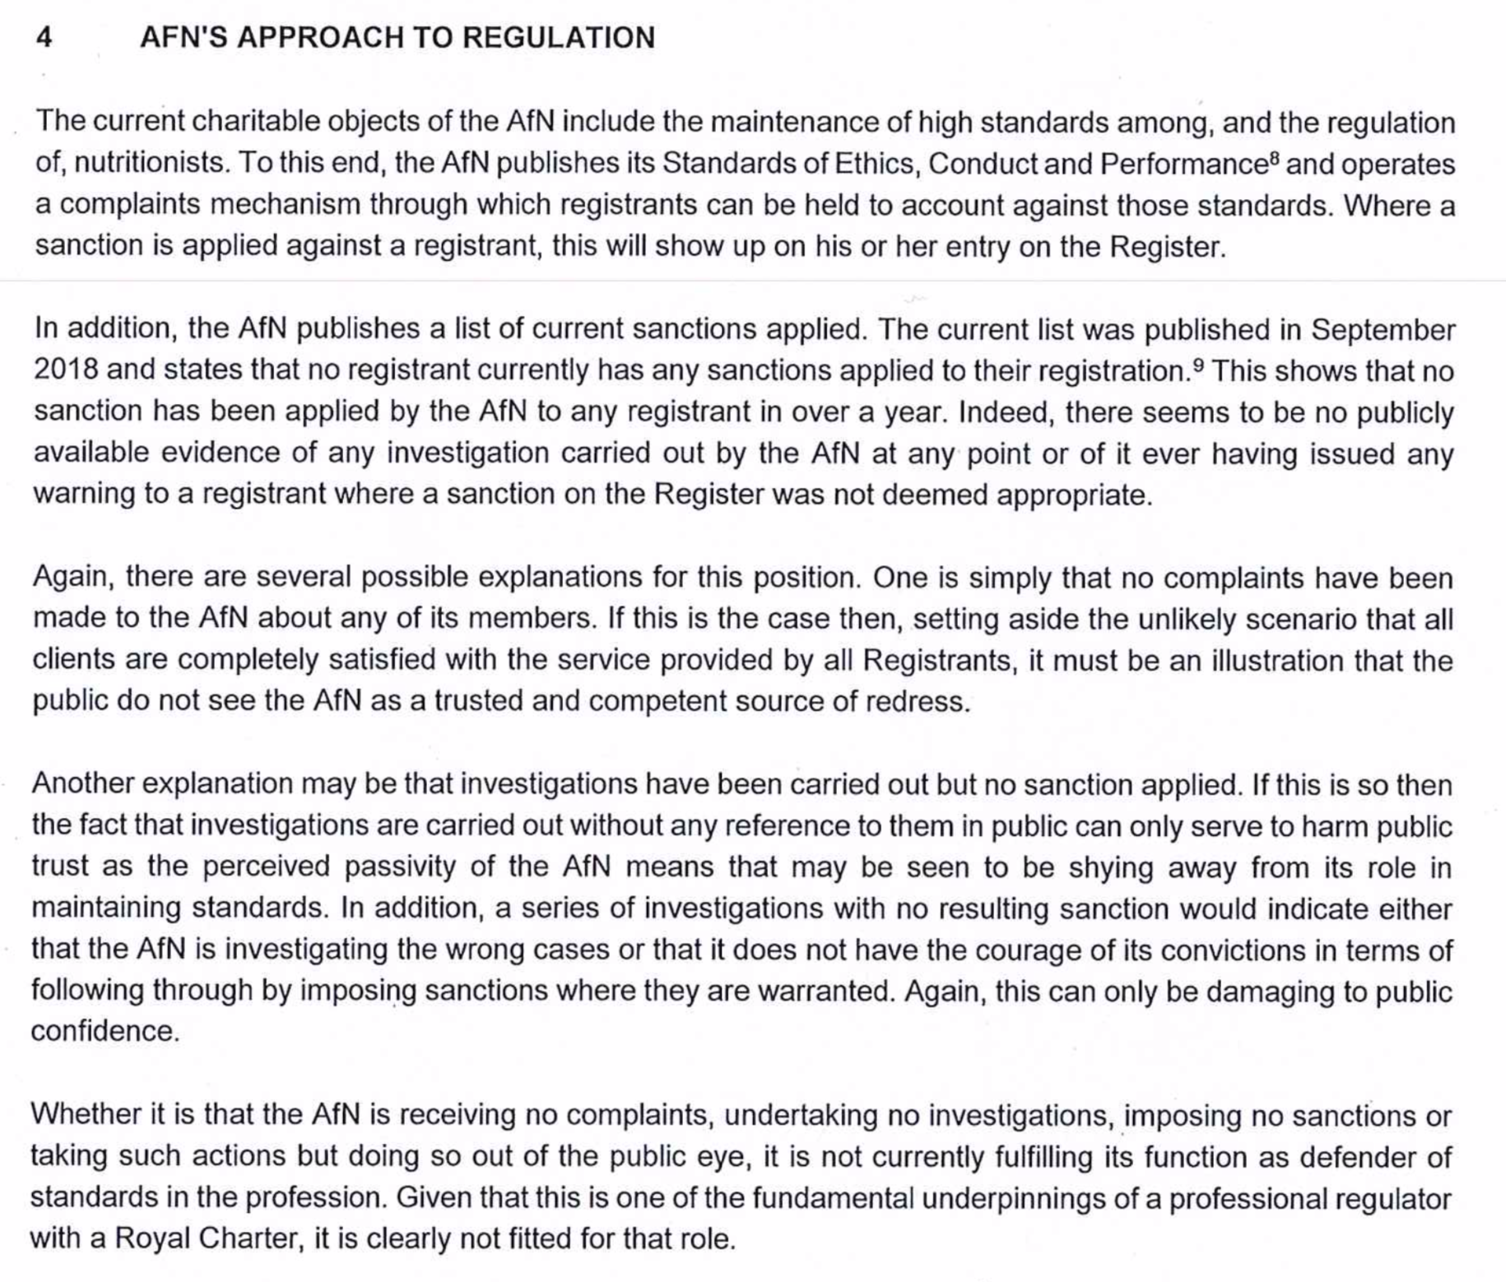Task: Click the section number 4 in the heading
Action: click(x=44, y=37)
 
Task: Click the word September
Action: click(x=1383, y=329)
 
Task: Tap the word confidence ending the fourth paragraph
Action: click(x=105, y=1031)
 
